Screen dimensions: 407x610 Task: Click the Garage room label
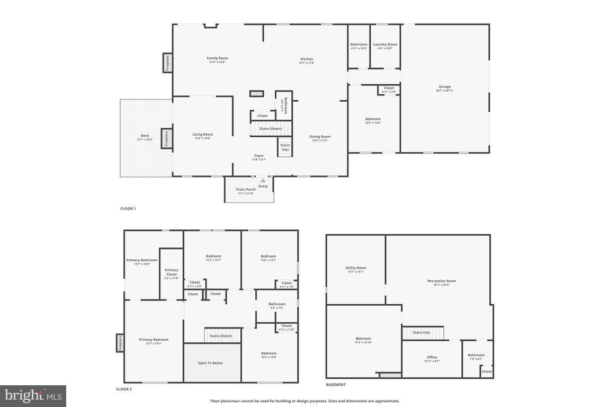pyautogui.click(x=444, y=87)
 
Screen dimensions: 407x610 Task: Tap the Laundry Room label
pyautogui.click(x=385, y=45)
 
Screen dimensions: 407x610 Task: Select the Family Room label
pyautogui.click(x=217, y=58)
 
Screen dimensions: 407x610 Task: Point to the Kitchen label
pyautogui.click(x=307, y=59)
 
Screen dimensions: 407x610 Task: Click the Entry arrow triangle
pyautogui.click(x=263, y=181)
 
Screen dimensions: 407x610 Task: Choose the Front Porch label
pyautogui.click(x=246, y=190)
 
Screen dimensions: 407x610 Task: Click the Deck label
pyautogui.click(x=145, y=136)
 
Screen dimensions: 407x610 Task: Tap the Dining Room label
pyautogui.click(x=320, y=137)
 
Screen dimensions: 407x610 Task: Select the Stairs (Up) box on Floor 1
pyautogui.click(x=285, y=147)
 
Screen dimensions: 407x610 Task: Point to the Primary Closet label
pyautogui.click(x=172, y=272)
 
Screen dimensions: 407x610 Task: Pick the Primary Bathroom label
pyautogui.click(x=142, y=260)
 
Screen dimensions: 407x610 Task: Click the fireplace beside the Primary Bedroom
pyautogui.click(x=120, y=343)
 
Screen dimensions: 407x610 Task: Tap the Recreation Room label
pyautogui.click(x=442, y=281)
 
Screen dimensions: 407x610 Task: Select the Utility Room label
pyautogui.click(x=355, y=268)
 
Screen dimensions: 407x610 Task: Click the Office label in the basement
pyautogui.click(x=432, y=357)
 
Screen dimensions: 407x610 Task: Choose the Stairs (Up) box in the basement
pyautogui.click(x=422, y=333)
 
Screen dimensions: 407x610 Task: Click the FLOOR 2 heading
pyautogui.click(x=124, y=389)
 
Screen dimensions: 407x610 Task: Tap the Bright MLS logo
pyautogui.click(x=33, y=395)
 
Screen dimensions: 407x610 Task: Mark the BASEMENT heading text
pyautogui.click(x=336, y=385)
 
